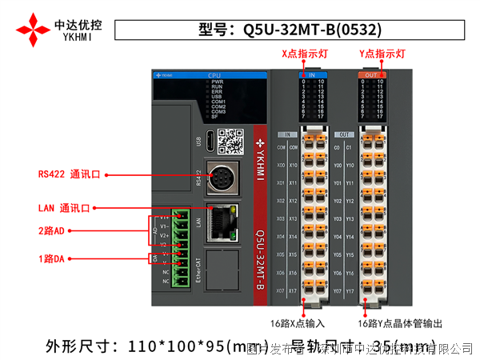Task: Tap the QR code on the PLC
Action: (230, 141)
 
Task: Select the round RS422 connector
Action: (219, 178)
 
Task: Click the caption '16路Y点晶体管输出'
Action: (400, 323)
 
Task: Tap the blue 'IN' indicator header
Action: (312, 74)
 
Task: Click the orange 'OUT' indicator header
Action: (371, 74)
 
